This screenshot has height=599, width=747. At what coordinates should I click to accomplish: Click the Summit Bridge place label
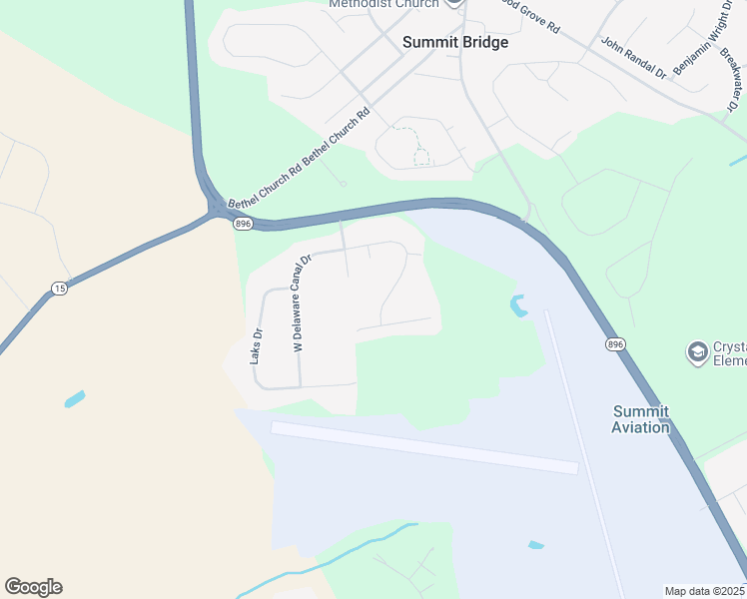tap(454, 43)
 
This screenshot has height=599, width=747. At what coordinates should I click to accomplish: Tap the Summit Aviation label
tap(640, 419)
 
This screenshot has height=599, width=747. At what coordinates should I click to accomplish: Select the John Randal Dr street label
tap(633, 58)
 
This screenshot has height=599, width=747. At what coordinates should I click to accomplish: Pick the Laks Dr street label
tap(258, 344)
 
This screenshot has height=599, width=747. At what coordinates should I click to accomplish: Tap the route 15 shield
tap(60, 289)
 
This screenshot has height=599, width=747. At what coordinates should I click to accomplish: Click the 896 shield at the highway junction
tap(243, 224)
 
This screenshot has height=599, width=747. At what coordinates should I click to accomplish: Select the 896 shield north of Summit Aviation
tap(615, 343)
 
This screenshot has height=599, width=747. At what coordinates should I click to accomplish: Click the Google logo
tap(33, 587)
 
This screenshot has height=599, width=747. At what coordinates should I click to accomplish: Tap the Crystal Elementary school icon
tap(697, 351)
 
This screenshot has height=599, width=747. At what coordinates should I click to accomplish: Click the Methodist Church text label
tap(384, 4)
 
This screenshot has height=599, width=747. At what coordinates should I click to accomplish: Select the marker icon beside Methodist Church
tap(454, 3)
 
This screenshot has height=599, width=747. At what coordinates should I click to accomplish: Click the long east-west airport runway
tap(424, 446)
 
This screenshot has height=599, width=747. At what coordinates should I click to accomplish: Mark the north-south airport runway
tap(584, 449)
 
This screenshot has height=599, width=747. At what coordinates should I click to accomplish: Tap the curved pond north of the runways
tap(517, 305)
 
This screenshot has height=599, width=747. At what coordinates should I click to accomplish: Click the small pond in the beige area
tap(75, 399)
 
